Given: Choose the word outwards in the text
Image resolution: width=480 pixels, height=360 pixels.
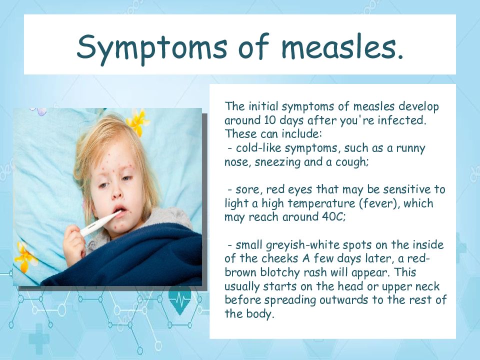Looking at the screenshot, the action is pos(343,299).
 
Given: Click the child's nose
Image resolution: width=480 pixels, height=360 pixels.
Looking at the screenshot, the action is pos(116,193).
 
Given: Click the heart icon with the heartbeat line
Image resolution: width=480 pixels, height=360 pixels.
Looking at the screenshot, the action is pos(180,299).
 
